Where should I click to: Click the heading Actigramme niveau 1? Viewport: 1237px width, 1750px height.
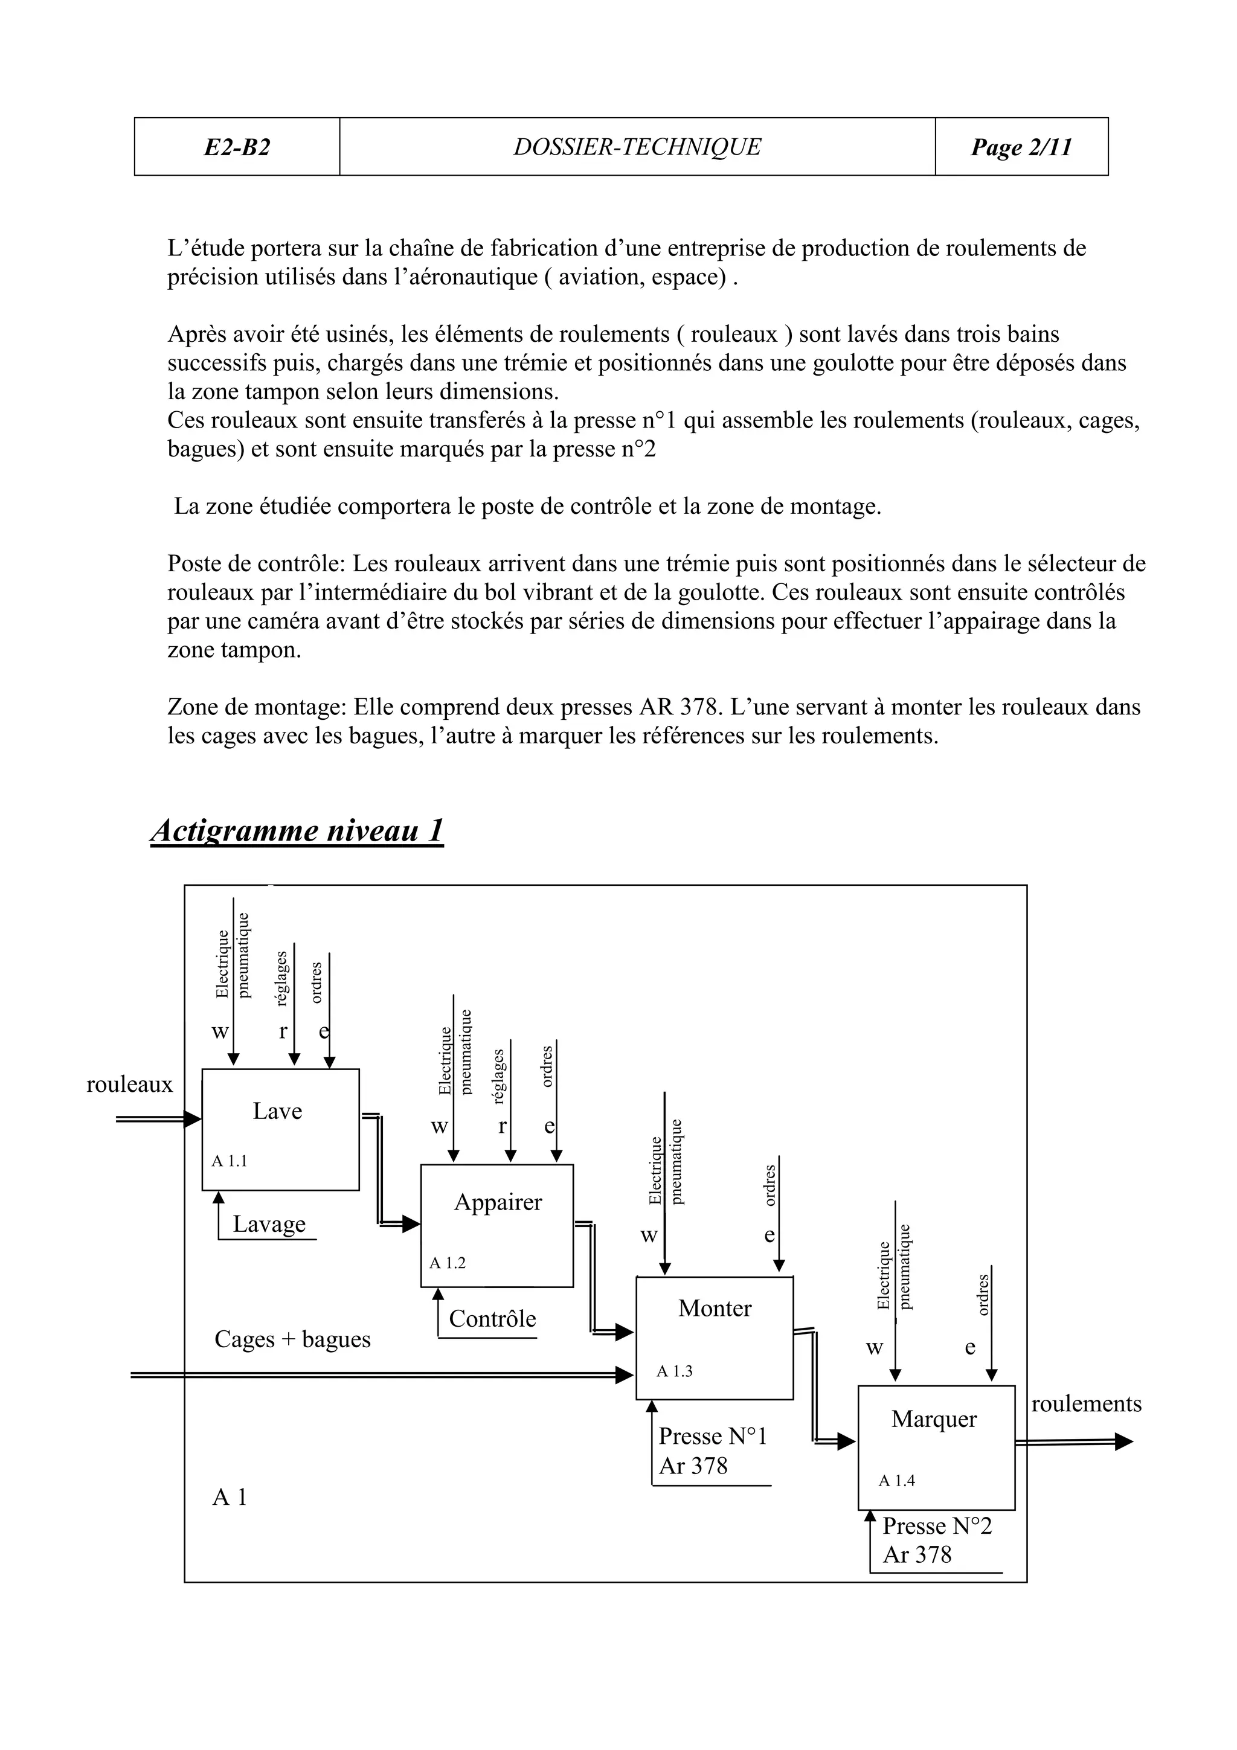coord(297,830)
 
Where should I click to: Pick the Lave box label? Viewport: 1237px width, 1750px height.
coord(277,1111)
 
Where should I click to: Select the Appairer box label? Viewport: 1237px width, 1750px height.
coord(498,1202)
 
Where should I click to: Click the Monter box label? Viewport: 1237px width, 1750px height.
coord(715,1308)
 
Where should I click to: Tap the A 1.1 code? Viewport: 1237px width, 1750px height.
coord(230,1162)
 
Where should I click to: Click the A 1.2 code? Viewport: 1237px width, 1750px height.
coord(448,1262)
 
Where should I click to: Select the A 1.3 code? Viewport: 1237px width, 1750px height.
coord(675,1371)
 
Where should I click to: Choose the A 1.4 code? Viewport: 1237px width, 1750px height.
coord(896,1480)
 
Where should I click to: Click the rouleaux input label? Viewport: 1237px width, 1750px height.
coord(130,1084)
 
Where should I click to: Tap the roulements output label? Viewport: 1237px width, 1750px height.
coord(1086,1404)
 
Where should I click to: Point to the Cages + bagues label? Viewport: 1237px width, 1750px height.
coord(293,1339)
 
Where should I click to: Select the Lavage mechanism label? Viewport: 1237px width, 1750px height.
coord(269,1224)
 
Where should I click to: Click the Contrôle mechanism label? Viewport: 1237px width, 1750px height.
coord(492,1319)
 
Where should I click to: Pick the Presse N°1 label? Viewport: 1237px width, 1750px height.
coord(713,1436)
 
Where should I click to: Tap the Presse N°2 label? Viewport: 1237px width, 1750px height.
coord(937,1526)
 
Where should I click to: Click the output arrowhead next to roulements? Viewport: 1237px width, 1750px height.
coord(1124,1442)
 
